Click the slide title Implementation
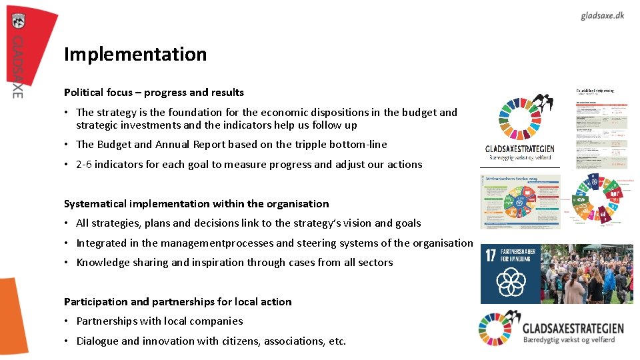pos(135,54)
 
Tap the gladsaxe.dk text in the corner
pos(602,15)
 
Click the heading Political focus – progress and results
pos(154,92)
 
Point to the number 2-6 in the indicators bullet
pos(83,164)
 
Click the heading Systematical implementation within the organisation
pos(196,203)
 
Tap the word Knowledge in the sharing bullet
pos(99,262)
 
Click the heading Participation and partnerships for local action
pos(177,301)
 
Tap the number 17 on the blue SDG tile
pos(491,256)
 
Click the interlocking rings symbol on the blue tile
pos(511,282)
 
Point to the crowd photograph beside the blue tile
pos(587,274)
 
